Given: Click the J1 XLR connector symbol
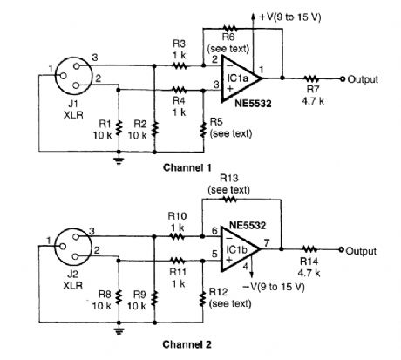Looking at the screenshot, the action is coord(73,75).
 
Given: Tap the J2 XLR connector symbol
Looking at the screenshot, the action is coord(73,246).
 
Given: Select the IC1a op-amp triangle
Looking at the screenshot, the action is coord(241,78).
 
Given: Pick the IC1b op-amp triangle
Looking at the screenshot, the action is coord(240,249).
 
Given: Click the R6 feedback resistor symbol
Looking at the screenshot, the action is coord(230,29).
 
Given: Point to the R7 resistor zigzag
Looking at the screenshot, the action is coord(311,78).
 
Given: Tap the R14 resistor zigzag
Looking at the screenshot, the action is coord(309,249).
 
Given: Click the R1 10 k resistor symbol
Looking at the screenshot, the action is coord(119,129).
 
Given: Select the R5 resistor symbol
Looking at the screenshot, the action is coord(203,129).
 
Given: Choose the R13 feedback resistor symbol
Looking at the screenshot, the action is coord(229,200).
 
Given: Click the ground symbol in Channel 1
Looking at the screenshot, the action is coord(119,160).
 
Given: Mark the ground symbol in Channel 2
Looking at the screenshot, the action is coord(119,331).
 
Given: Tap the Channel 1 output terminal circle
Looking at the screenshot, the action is coord(343,78).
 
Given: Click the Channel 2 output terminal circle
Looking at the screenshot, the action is coord(342,249).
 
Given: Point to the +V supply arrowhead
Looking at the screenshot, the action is coord(254,17).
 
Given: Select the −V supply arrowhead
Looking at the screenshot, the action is coord(252,275).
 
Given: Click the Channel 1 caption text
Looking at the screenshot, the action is coord(187,167).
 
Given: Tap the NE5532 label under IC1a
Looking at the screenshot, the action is coord(253,104).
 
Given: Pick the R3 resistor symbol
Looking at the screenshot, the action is coord(180,66).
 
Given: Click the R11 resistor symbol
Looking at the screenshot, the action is coord(178,261).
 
